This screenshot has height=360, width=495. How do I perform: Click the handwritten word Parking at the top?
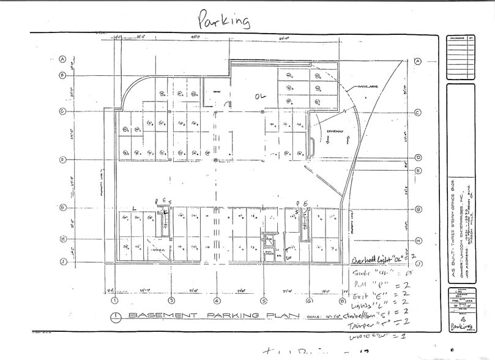[x=224, y=20]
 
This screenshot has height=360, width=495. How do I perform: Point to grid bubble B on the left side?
[x=62, y=75]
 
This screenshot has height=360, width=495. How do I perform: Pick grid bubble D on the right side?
[x=418, y=157]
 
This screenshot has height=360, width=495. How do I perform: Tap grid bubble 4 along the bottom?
[x=217, y=301]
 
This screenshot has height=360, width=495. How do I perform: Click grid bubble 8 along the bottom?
[x=341, y=301]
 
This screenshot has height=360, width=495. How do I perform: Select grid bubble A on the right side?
[x=418, y=61]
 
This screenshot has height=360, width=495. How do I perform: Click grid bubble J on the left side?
[x=62, y=261]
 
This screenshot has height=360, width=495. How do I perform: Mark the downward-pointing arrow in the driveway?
[x=328, y=141]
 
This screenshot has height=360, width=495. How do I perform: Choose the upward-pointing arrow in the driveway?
[x=347, y=140]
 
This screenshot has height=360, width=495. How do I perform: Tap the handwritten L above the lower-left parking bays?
[x=133, y=209]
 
